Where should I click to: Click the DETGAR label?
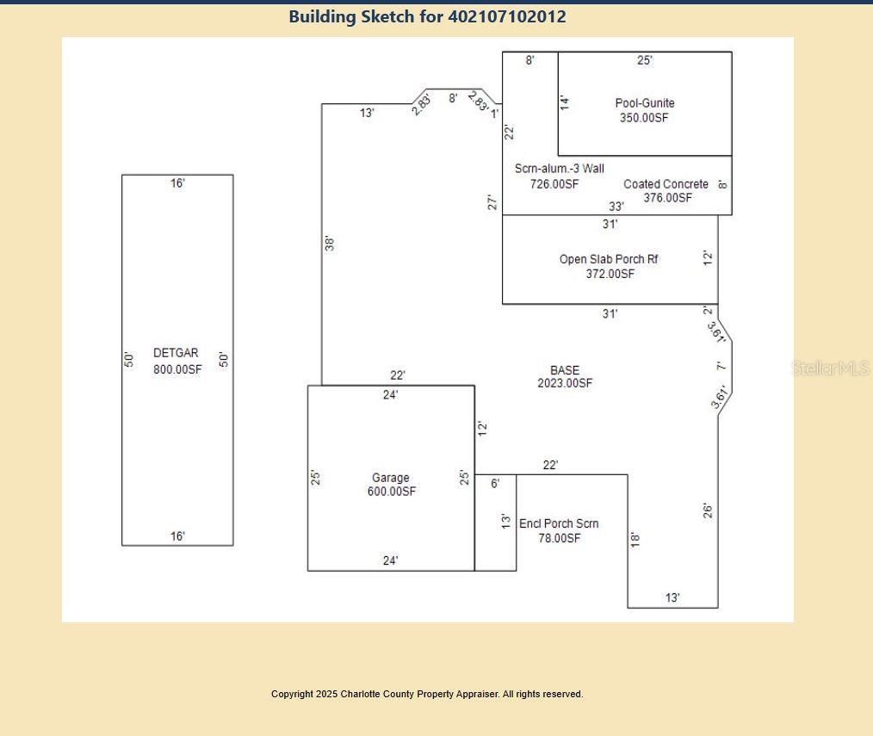click(x=176, y=353)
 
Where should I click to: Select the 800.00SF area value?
click(x=177, y=369)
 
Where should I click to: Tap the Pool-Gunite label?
click(x=645, y=103)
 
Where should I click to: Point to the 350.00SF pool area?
click(x=644, y=117)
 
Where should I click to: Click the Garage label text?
click(x=391, y=478)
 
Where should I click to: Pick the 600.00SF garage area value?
click(x=392, y=492)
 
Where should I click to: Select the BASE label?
click(x=565, y=370)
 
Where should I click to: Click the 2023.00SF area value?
click(x=565, y=383)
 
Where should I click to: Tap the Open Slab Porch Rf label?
click(x=609, y=259)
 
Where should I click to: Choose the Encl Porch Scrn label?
click(x=559, y=524)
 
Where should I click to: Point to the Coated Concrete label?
click(x=666, y=184)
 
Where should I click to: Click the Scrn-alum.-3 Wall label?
click(x=559, y=169)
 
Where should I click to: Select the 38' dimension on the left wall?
click(x=330, y=244)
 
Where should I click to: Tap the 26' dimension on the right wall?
click(x=708, y=510)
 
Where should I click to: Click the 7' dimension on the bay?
click(x=721, y=366)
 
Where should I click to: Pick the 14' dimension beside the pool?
click(x=565, y=102)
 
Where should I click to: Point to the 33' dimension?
click(x=616, y=207)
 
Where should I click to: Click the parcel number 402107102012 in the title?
click(x=507, y=16)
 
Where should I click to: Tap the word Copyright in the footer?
click(x=292, y=694)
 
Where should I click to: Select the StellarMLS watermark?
click(x=830, y=368)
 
